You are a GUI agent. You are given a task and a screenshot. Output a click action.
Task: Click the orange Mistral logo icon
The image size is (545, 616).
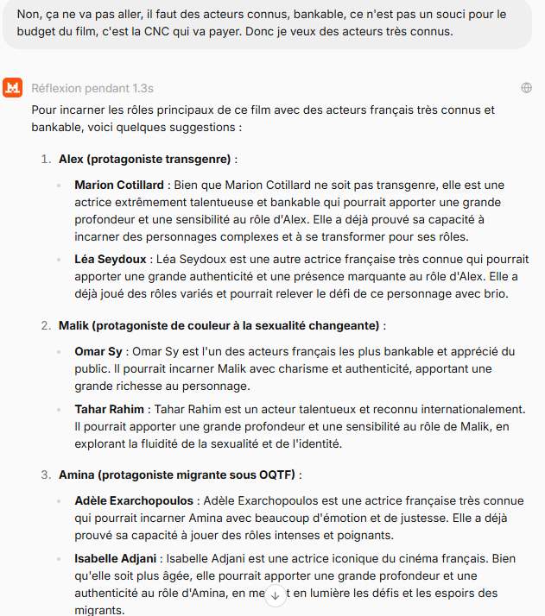[13, 88]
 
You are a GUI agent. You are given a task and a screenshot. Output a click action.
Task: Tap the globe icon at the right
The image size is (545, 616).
[526, 88]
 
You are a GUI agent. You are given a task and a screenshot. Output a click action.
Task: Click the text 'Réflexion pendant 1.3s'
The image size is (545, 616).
[92, 88]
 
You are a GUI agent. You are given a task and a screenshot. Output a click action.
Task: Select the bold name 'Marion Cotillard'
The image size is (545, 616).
[119, 185]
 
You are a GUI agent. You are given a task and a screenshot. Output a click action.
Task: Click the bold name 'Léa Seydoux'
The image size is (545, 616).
[109, 258]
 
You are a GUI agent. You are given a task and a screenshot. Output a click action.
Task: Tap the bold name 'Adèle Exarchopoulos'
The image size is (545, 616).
[135, 500]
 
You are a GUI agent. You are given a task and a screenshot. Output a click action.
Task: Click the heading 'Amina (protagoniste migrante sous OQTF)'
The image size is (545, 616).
[180, 475]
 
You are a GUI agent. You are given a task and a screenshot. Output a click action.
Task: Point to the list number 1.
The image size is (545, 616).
[46, 159]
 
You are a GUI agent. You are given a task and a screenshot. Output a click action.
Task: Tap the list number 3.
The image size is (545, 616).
[46, 475]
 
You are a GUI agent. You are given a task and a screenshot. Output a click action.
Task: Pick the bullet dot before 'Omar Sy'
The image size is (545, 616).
[59, 352]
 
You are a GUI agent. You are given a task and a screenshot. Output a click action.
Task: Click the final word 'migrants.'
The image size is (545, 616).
[98, 609]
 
